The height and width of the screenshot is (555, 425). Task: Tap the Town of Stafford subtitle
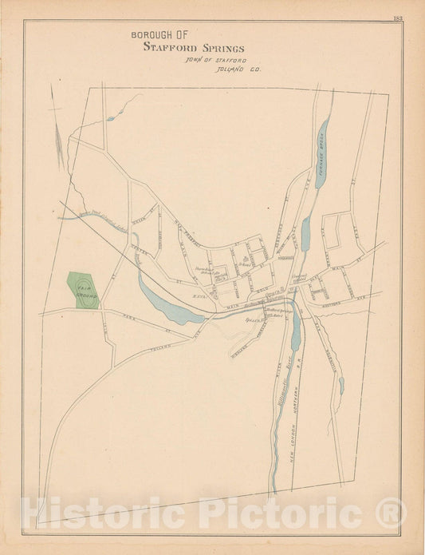215,60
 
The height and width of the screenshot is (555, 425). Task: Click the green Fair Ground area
83,291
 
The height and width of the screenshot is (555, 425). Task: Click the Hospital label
286,257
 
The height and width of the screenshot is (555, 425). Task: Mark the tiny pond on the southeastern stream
341,386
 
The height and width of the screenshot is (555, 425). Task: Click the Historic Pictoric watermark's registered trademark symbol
391,511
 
